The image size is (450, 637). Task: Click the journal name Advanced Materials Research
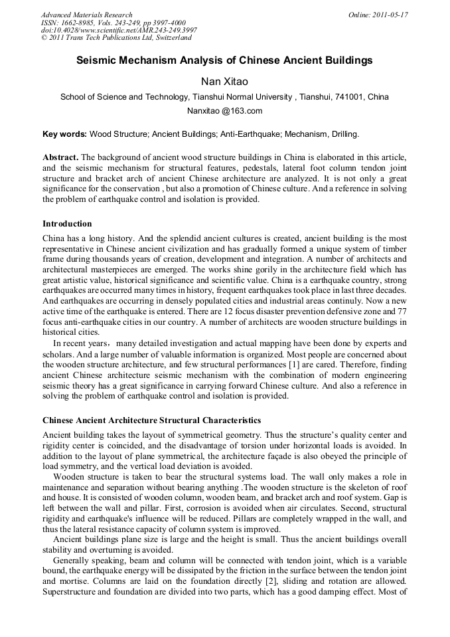[86, 15]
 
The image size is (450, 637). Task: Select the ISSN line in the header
[114, 23]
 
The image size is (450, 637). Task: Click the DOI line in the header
[119, 31]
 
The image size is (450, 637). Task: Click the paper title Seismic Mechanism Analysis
[224, 60]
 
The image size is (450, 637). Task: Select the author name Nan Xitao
[224, 81]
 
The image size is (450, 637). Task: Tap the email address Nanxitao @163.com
[224, 111]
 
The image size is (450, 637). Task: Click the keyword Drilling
[343, 134]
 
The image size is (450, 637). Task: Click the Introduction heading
[67, 223]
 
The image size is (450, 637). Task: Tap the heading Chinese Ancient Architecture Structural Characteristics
[151, 420]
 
